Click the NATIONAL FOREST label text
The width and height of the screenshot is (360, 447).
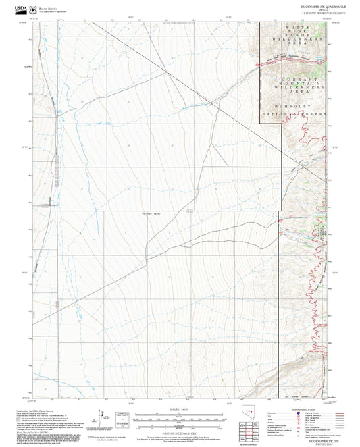(301, 115)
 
